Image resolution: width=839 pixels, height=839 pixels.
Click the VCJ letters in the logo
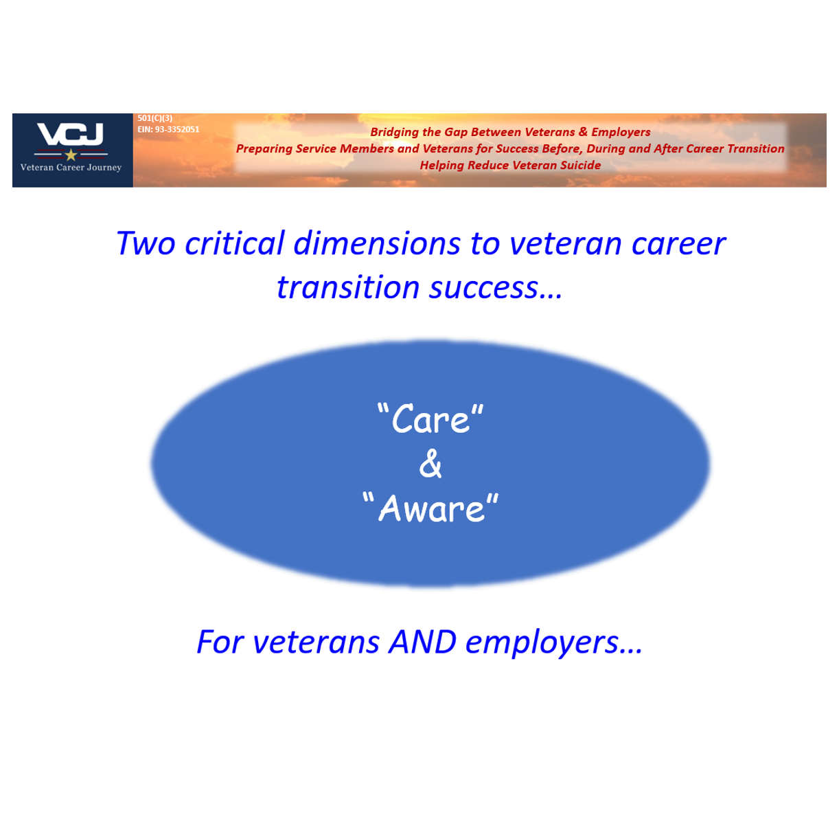(70, 135)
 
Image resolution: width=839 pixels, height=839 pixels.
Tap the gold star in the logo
(71, 155)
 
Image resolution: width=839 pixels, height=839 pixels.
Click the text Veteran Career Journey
(71, 168)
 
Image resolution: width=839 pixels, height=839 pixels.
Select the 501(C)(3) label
(155, 118)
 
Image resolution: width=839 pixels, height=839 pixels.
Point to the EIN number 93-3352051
(177, 129)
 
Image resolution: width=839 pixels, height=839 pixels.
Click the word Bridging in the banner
(394, 132)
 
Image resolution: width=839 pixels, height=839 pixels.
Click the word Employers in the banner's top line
(621, 132)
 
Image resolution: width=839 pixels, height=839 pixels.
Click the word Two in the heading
(146, 243)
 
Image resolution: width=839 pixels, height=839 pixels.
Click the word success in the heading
(483, 287)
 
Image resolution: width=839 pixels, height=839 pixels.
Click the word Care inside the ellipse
(430, 419)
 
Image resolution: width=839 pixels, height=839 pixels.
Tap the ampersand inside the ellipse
(430, 465)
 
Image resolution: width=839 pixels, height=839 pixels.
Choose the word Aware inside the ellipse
(431, 509)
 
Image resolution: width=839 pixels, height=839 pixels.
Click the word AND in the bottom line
(422, 642)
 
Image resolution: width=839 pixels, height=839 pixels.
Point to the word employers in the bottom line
(542, 642)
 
